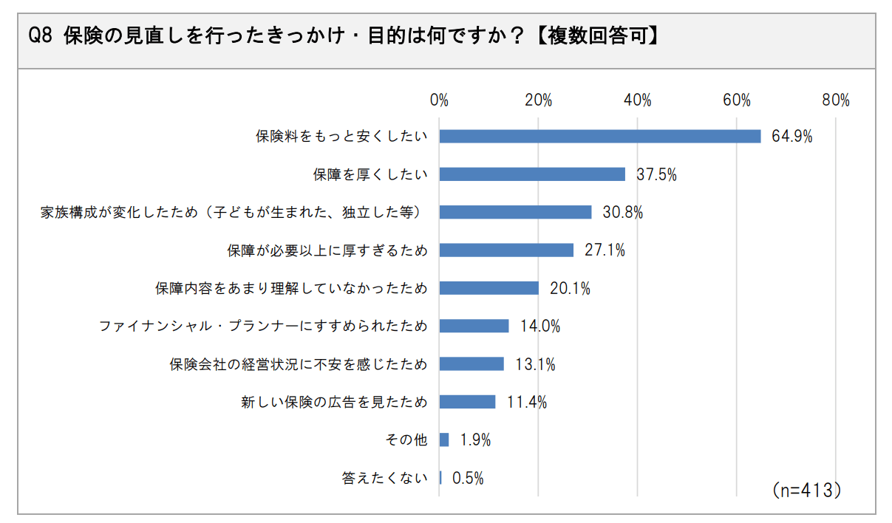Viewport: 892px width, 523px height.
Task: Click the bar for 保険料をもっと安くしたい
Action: pos(600,136)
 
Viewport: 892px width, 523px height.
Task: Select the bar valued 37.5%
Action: pos(532,174)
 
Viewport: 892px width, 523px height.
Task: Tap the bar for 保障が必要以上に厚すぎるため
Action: pos(506,250)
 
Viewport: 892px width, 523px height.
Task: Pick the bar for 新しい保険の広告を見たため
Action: pos(467,402)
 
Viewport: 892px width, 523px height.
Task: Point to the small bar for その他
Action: pos(444,440)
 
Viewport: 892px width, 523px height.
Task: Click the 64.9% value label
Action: pos(792,137)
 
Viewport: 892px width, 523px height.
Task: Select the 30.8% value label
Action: pos(622,213)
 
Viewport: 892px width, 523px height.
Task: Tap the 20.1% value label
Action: pos(570,289)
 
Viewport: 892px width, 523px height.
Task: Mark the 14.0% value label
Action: pos(539,327)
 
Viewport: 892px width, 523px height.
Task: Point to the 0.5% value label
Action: pos(468,478)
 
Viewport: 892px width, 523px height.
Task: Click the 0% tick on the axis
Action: pos(439,100)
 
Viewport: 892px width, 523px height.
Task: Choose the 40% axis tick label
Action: pos(637,100)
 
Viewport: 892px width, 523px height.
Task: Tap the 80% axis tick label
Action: pos(836,100)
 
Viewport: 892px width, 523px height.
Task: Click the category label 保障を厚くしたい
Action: pos(370,174)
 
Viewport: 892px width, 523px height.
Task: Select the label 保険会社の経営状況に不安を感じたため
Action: pos(299,364)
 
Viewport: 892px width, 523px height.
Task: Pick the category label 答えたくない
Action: pos(384,478)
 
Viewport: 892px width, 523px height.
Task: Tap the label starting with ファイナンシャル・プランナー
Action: pos(263,327)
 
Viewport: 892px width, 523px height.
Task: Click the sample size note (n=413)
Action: pos(806,490)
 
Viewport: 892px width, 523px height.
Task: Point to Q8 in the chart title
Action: pos(39,37)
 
